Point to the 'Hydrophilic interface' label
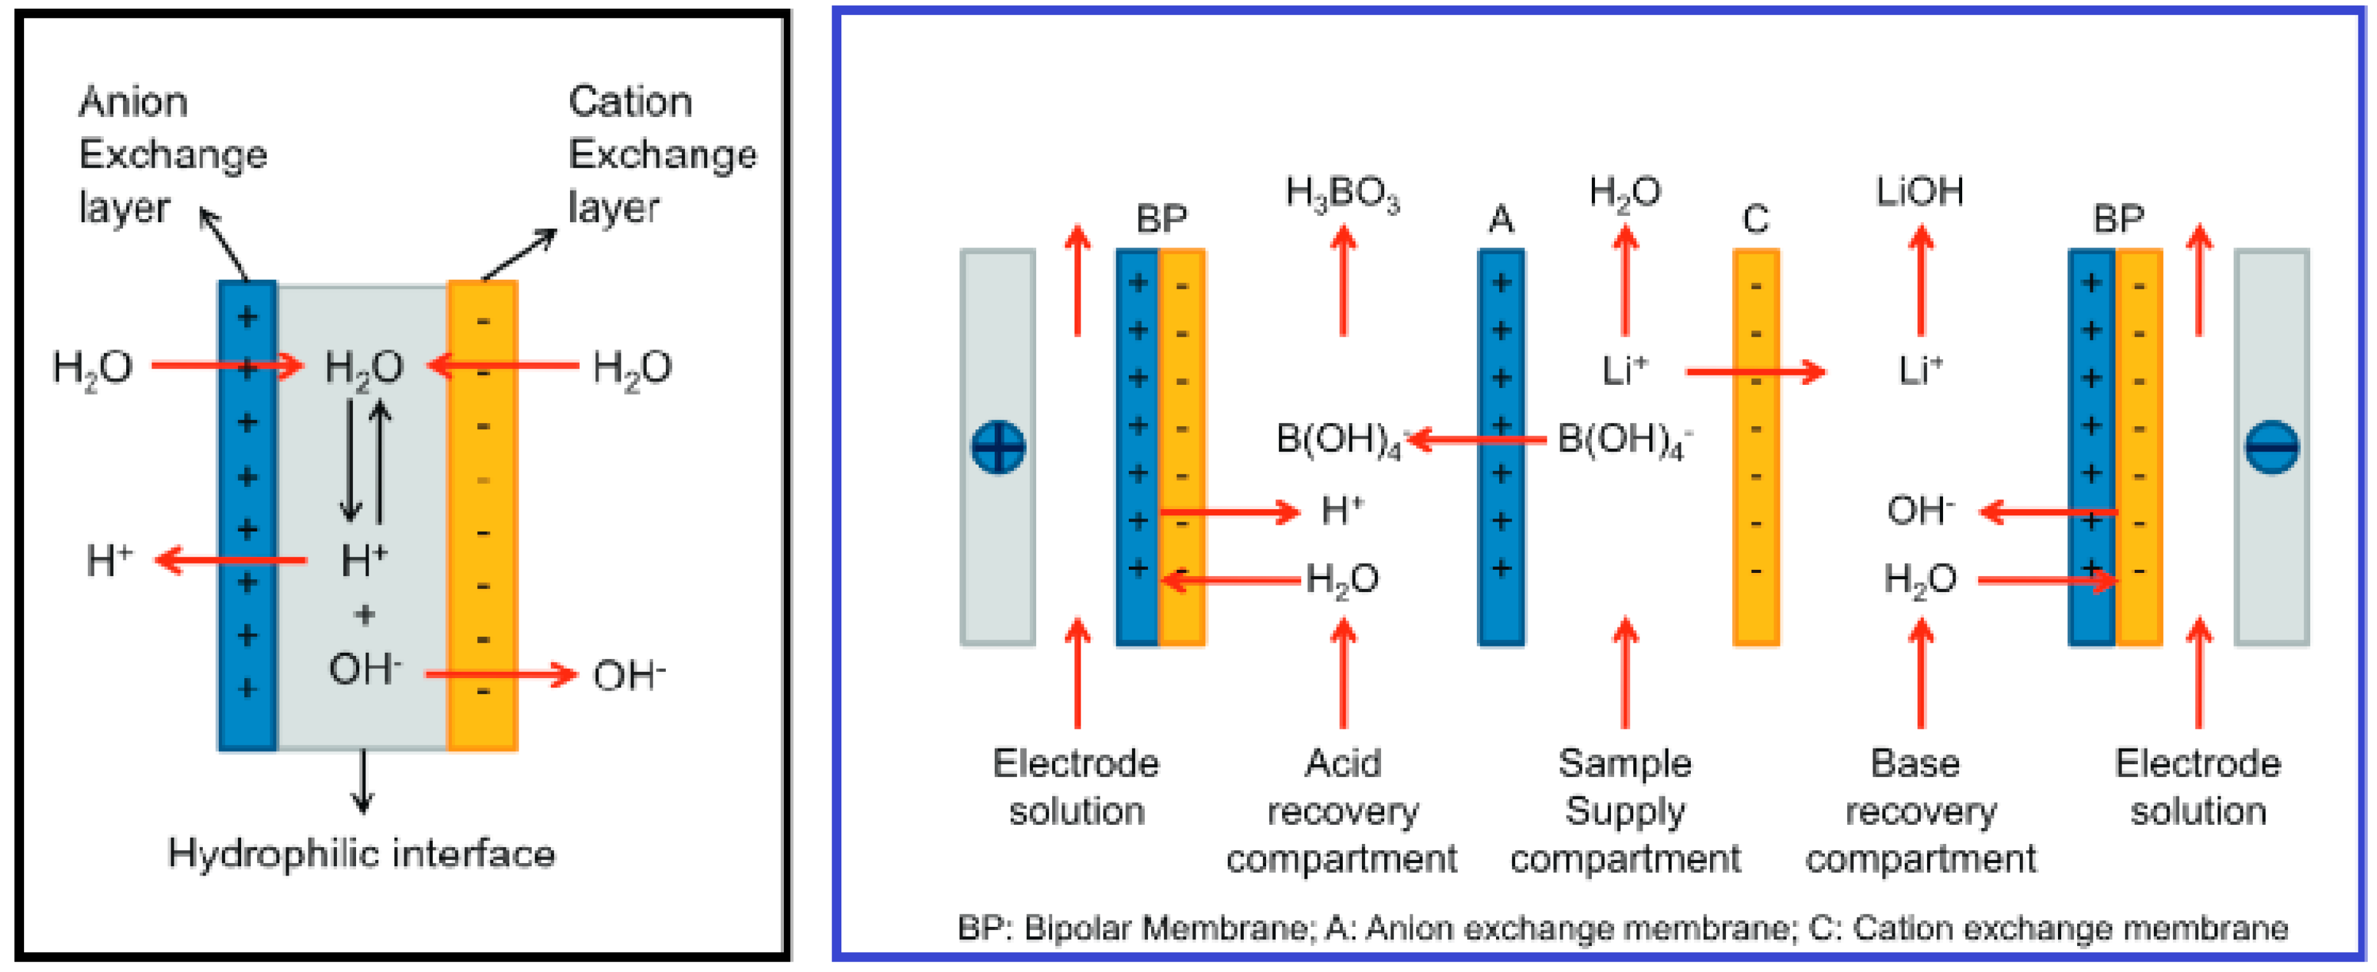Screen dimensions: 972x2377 [362, 854]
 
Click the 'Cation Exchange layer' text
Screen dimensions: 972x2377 [661, 154]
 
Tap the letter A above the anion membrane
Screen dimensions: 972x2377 [1500, 220]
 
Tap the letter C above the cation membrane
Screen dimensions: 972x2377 [1755, 220]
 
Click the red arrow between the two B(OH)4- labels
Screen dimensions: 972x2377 [1476, 439]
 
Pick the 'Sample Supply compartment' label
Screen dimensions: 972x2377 [1625, 811]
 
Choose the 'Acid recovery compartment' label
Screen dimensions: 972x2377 [1343, 811]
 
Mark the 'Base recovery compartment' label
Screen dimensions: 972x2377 [1920, 811]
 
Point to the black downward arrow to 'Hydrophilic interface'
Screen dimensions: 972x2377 [363, 781]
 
